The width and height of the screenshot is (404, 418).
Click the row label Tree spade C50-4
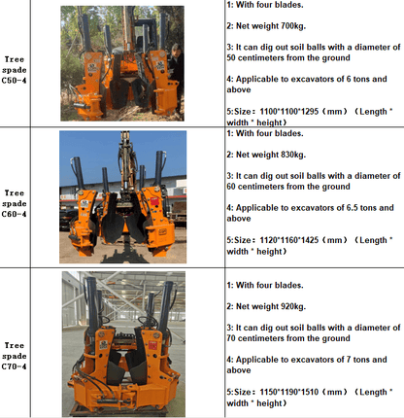point(15,70)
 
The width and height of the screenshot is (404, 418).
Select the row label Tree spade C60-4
point(15,204)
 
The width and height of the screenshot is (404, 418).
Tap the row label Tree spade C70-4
point(15,356)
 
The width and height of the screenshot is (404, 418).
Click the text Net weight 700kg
point(271,26)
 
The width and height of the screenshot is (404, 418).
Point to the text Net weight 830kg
point(271,155)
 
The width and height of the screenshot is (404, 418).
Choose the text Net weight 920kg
point(271,306)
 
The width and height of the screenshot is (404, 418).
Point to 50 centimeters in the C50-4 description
point(258,58)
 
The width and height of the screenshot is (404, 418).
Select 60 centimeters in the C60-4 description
point(258,187)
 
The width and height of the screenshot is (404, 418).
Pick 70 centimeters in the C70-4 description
point(258,338)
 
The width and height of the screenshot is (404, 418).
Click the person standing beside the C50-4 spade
point(176,76)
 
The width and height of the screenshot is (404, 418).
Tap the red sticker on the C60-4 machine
point(154,200)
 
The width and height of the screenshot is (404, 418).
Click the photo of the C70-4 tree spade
point(123,344)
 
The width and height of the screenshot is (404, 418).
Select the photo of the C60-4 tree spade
point(122,197)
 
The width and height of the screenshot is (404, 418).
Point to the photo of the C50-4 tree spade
point(122,63)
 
